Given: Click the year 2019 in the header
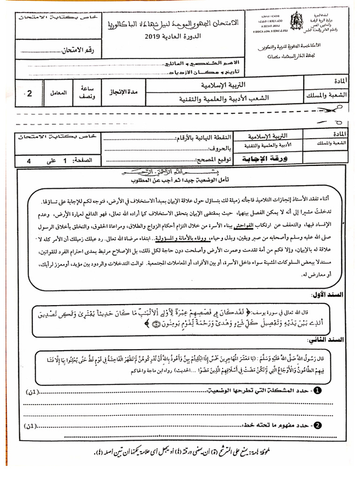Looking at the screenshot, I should tap(152, 37).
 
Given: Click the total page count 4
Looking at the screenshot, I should tap(29, 160).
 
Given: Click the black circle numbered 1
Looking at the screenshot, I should tap(317, 390).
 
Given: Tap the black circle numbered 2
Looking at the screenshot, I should tap(317, 425).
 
